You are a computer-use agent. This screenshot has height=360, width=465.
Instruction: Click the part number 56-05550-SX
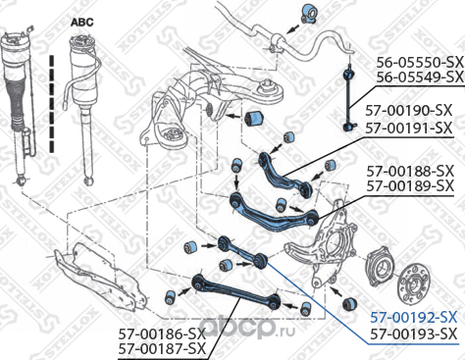coord(420,62)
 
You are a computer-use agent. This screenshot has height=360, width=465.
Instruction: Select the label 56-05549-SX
coord(420,77)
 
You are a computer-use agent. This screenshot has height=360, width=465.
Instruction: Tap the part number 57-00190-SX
coord(409,111)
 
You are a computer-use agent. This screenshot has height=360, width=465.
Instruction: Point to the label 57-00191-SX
coord(409,128)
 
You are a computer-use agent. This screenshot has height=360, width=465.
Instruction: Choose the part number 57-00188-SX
coord(410,171)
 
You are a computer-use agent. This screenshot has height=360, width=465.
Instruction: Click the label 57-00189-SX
coord(410,186)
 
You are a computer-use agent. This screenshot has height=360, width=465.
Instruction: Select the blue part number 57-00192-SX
coord(413,317)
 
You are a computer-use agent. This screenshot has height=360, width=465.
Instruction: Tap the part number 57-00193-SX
coord(413,334)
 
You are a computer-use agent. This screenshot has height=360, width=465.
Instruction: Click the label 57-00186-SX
coord(162,334)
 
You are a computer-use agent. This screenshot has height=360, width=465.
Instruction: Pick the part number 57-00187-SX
coord(162,349)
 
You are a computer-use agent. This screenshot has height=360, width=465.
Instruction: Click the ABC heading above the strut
coord(82,23)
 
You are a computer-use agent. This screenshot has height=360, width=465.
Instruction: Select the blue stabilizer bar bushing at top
coord(308,14)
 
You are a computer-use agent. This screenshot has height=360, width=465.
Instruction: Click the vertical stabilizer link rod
coord(349,98)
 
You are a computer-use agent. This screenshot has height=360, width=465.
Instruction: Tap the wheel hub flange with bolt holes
coord(414,283)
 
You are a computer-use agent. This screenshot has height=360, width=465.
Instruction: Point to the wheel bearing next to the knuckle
coord(381,268)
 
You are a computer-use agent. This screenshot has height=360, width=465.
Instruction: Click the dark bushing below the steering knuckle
coord(349,303)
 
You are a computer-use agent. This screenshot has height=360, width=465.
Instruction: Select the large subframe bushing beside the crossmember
coord(255,119)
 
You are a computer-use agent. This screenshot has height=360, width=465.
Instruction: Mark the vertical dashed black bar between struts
coord(52,104)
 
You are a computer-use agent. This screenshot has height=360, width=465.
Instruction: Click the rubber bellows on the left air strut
coord(18,104)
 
